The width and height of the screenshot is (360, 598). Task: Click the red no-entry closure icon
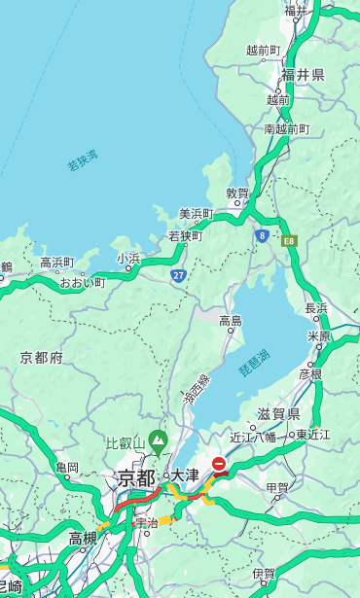pos(220,465)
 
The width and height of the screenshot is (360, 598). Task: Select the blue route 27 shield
pos(178,276)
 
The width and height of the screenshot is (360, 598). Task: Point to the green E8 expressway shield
pos(289,240)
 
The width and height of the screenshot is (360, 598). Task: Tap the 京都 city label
pos(136,477)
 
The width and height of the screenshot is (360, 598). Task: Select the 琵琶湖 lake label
pos(255,365)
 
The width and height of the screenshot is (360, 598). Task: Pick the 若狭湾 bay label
pos(83,160)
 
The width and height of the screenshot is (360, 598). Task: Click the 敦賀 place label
pos(237,193)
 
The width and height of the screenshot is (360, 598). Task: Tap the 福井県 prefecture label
pos(304,75)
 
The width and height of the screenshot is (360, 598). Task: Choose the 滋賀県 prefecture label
pos(278,414)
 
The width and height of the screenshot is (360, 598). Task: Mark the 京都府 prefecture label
pos(42,358)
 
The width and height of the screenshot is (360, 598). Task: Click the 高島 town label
pos(231,321)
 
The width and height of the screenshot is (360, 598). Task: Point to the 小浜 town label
pos(128,259)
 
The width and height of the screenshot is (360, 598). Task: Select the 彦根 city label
pos(310,373)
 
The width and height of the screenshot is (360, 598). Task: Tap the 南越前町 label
pos(286,128)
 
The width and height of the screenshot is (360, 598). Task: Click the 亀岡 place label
pos(66,468)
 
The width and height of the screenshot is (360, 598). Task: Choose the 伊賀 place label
pos(263,574)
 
